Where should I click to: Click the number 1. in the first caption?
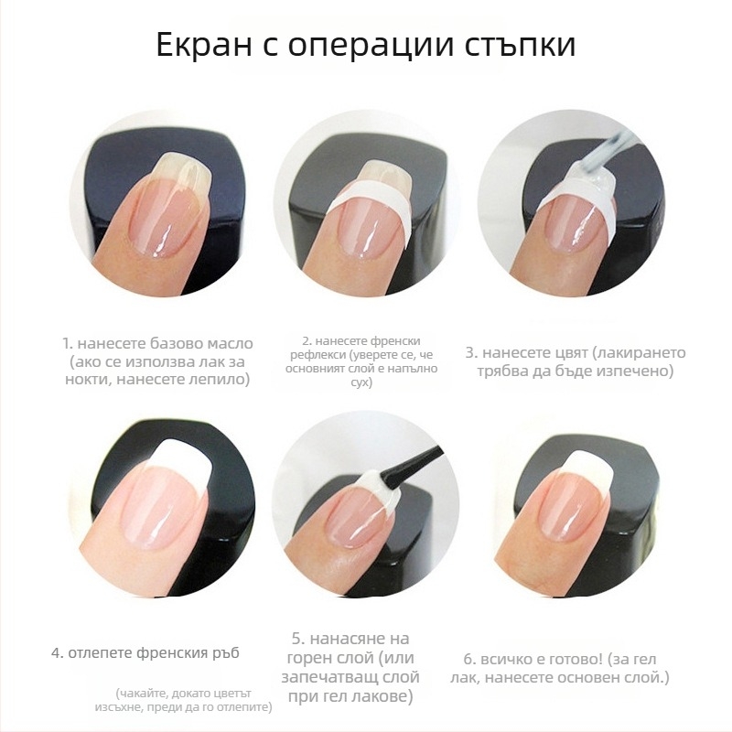tap(68, 344)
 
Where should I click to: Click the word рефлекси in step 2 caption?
tap(313, 355)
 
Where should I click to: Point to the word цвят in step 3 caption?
tap(559, 353)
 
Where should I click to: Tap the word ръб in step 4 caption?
tap(226, 652)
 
